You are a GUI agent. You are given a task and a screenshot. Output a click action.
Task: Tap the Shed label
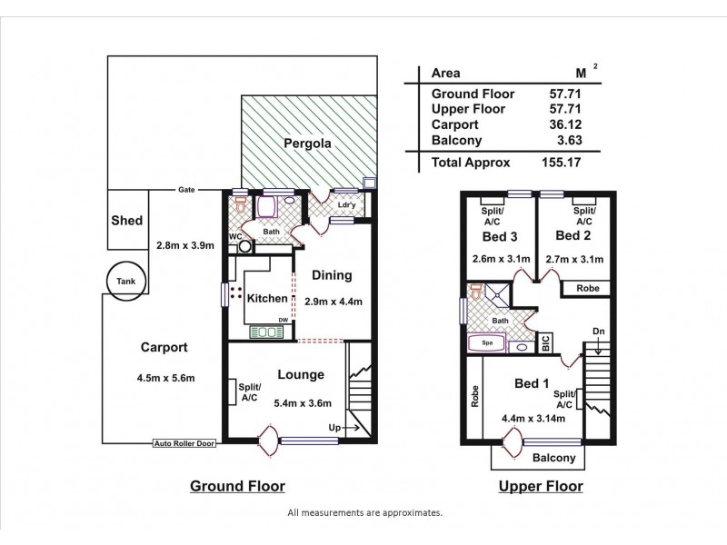pyautogui.click(x=125, y=221)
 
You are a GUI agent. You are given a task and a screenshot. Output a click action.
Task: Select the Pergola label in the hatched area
pyautogui.click(x=305, y=144)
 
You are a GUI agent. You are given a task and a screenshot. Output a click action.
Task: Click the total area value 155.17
pyautogui.click(x=563, y=163)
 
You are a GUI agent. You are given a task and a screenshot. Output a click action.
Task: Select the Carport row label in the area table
pyautogui.click(x=453, y=124)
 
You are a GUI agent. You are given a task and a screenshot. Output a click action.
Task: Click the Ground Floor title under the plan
pyautogui.click(x=237, y=486)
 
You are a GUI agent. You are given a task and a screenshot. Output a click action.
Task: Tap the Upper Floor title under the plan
pyautogui.click(x=542, y=486)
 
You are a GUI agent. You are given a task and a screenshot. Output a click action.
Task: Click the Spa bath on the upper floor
pyautogui.click(x=487, y=344)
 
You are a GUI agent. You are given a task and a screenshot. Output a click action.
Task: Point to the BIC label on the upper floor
pyautogui.click(x=545, y=343)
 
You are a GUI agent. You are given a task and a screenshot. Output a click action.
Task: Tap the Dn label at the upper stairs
pyautogui.click(x=598, y=331)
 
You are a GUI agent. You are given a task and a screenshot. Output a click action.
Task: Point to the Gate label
pyautogui.click(x=187, y=190)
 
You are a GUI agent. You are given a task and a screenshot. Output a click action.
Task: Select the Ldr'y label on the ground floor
pyautogui.click(x=346, y=204)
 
